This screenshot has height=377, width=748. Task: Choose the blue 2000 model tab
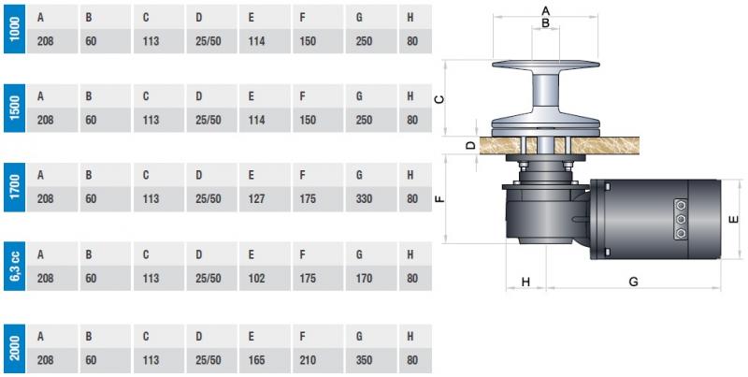[12, 348]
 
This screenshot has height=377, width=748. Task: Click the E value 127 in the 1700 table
[257, 199]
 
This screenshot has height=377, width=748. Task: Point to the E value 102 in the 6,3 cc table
[257, 279]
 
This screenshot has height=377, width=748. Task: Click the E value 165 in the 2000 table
[257, 359]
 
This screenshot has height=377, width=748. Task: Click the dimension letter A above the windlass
[546, 9]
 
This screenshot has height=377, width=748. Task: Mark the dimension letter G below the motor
[633, 281]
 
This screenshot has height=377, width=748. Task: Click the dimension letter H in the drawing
[525, 281]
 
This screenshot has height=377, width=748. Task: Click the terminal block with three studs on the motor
[681, 220]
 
